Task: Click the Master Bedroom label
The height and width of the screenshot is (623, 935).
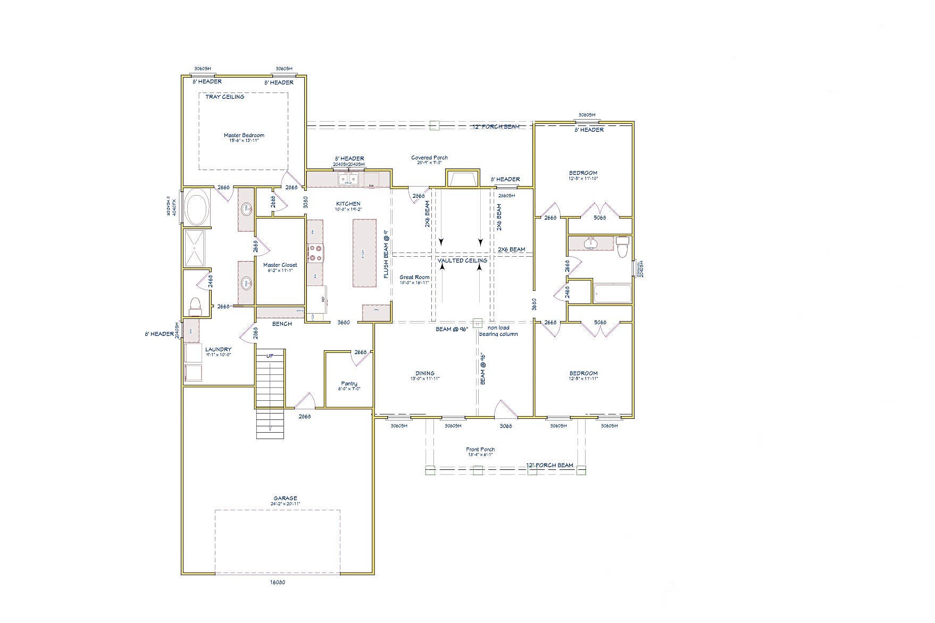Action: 244,136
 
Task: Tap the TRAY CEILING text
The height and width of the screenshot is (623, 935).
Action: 225,97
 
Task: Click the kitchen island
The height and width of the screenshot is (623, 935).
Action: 364,253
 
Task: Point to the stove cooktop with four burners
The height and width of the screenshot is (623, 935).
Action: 315,252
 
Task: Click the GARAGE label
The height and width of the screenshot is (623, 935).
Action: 286,499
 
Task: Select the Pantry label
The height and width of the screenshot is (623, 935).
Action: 349,384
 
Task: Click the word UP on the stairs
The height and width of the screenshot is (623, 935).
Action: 270,356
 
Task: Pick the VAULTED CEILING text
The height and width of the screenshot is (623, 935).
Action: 462,260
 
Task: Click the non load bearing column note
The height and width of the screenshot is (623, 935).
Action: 498,331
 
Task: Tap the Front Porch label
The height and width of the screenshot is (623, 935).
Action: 480,450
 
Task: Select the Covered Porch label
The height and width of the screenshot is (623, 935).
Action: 429,158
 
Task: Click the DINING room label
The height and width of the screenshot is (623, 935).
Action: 424,374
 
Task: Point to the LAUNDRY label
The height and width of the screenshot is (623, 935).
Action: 219,350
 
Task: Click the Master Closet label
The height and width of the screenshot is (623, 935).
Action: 280,265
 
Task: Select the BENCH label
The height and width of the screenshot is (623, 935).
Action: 282,324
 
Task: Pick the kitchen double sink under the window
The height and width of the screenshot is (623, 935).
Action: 348,180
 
